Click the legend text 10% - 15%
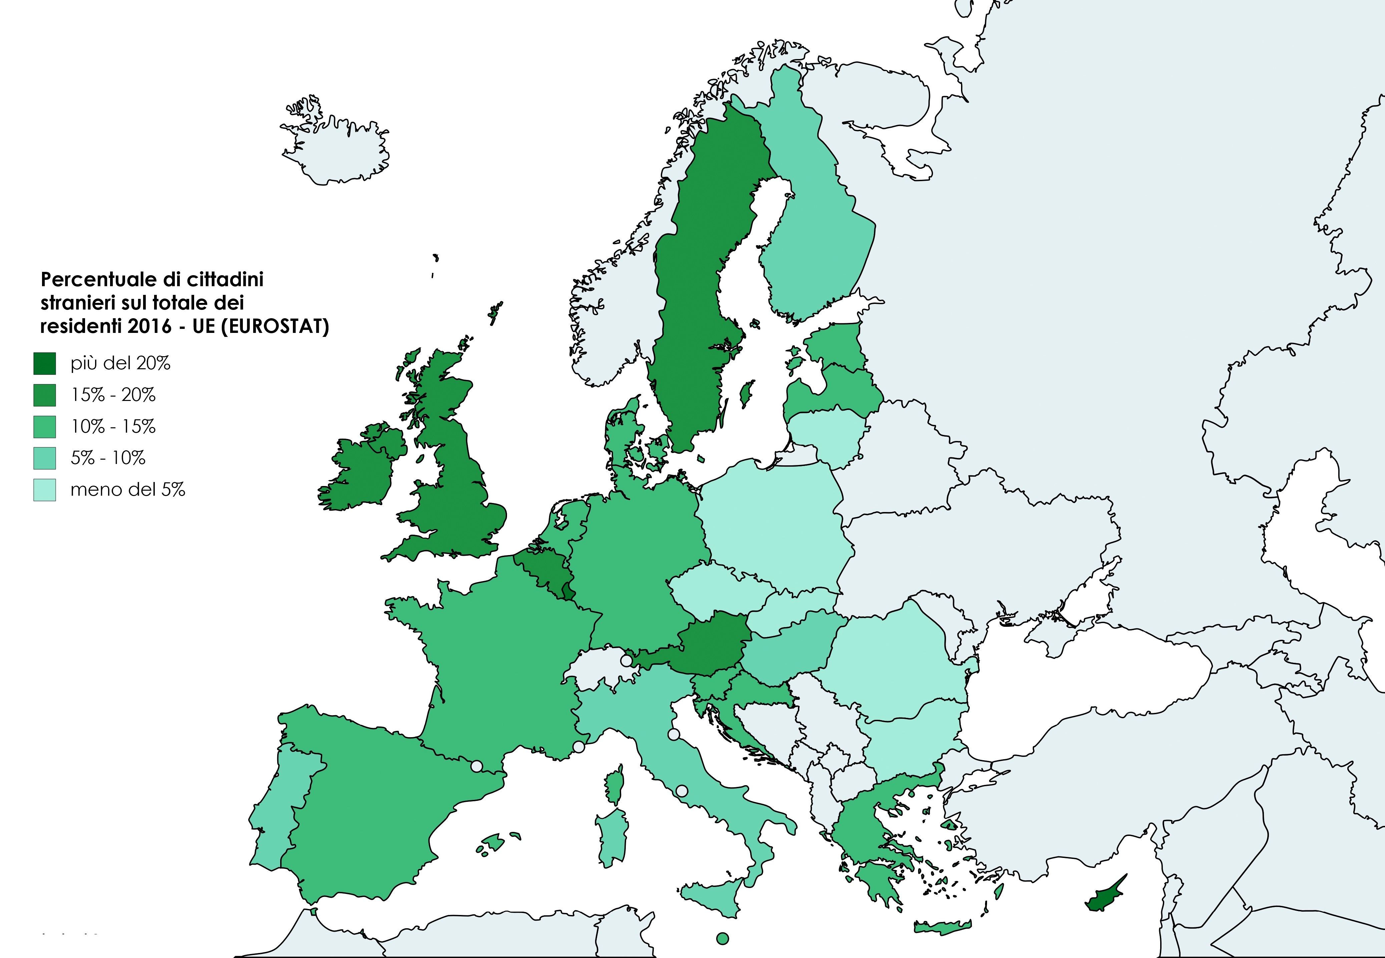[x=113, y=427]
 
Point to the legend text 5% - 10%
[x=108, y=458]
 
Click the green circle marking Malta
[x=723, y=938]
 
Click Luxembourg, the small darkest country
[x=567, y=592]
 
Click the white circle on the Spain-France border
[x=476, y=766]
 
